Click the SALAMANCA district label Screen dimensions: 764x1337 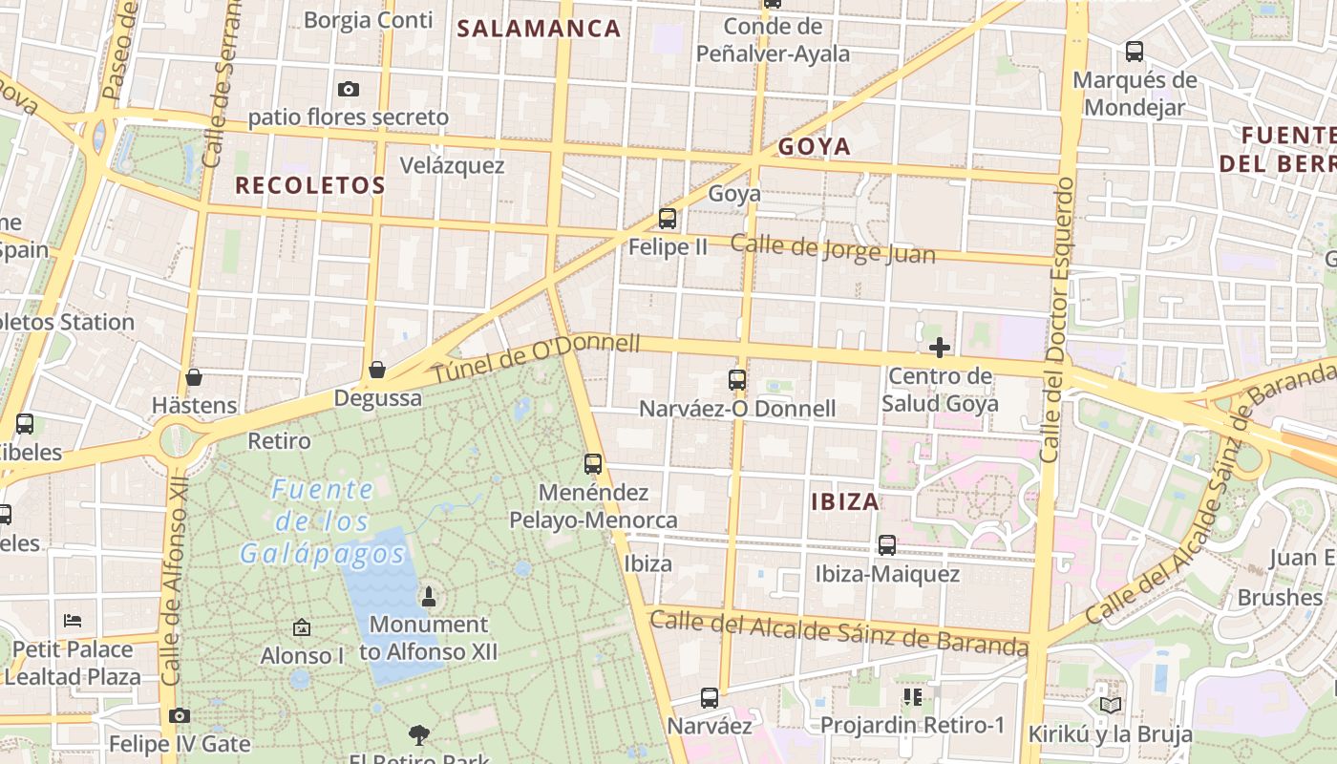(x=539, y=29)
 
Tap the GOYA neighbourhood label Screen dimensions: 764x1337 (x=814, y=146)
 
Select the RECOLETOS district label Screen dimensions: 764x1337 (x=310, y=185)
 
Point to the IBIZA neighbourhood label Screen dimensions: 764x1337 (x=845, y=501)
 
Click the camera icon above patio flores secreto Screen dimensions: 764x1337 (x=349, y=89)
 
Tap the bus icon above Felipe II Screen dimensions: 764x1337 (x=668, y=219)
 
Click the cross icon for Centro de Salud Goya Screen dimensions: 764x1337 (x=940, y=348)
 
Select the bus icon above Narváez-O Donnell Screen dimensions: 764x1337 (x=736, y=380)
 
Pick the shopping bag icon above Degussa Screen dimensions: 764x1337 (x=377, y=370)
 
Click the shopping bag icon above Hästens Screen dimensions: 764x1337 (x=194, y=377)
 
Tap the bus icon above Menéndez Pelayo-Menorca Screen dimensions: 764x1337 (x=593, y=465)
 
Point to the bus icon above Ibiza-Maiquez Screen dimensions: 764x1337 (x=887, y=545)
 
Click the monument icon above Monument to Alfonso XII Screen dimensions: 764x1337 (x=428, y=597)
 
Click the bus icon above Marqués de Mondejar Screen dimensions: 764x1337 (x=1135, y=52)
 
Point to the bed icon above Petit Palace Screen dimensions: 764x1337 (x=73, y=621)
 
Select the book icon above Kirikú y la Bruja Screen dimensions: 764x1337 (x=1110, y=705)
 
